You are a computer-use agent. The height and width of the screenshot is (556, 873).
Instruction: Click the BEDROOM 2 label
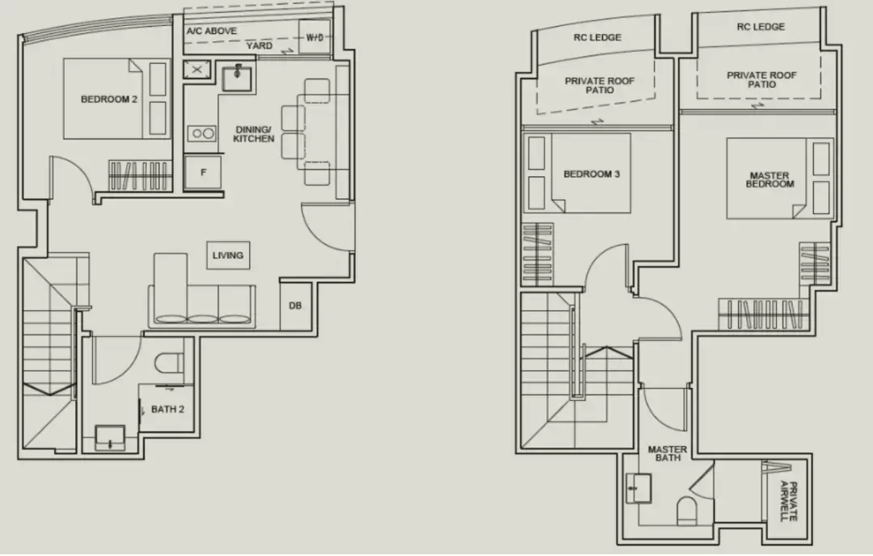[109, 99]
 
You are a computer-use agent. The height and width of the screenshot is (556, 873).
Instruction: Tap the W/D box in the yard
[314, 37]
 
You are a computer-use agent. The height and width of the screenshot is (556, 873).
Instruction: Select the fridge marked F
[203, 172]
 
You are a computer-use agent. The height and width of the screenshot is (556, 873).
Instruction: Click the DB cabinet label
[295, 305]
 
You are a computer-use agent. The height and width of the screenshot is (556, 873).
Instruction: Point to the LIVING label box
[228, 255]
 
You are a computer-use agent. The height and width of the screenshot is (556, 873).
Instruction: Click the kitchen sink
[237, 78]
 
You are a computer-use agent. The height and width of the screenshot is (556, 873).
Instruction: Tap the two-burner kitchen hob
[201, 133]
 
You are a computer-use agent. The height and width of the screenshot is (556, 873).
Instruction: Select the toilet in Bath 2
[169, 363]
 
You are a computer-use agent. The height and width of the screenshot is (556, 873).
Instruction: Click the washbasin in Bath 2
[110, 437]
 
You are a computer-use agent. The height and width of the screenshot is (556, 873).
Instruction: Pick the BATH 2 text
[167, 409]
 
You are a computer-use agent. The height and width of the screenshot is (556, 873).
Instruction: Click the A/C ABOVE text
[212, 32]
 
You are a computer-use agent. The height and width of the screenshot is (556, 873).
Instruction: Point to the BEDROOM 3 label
[591, 175]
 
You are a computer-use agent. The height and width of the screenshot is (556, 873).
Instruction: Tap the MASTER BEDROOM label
[770, 179]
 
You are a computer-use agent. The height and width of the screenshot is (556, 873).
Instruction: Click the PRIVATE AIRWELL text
[789, 501]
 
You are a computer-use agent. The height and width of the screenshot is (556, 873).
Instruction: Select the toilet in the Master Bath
[687, 511]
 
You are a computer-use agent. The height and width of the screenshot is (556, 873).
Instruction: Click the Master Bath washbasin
[639, 489]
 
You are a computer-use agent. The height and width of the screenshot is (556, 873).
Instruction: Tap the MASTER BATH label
[668, 453]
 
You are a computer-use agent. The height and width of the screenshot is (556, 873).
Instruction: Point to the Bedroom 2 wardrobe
[139, 176]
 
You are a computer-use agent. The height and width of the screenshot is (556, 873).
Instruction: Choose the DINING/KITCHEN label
[253, 134]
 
